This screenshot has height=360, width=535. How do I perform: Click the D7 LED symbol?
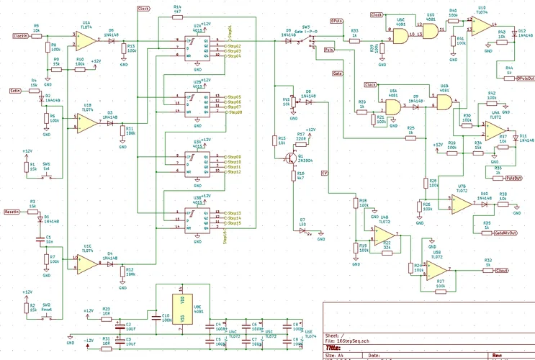303,230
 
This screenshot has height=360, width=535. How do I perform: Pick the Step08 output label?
234,112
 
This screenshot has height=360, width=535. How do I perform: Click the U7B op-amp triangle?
460,203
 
